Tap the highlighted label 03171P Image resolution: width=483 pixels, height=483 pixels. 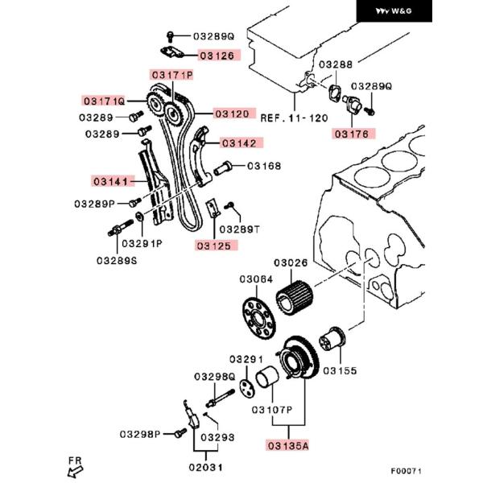click(171, 75)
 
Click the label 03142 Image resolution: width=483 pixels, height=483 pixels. click(240, 143)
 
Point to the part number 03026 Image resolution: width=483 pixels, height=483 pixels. click(291, 262)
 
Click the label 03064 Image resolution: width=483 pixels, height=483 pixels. click(255, 279)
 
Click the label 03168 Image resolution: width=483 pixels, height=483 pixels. click(264, 167)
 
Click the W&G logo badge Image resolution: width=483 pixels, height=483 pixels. click(443, 12)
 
